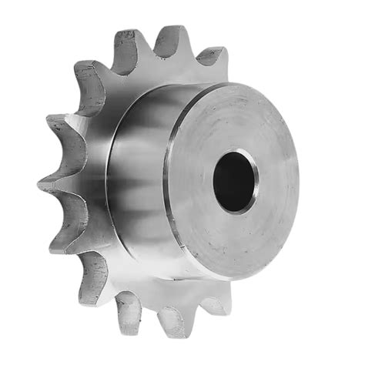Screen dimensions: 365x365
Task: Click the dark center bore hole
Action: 234,179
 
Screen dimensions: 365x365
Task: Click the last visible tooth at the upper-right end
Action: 211,60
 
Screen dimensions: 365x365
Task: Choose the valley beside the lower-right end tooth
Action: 189,306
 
